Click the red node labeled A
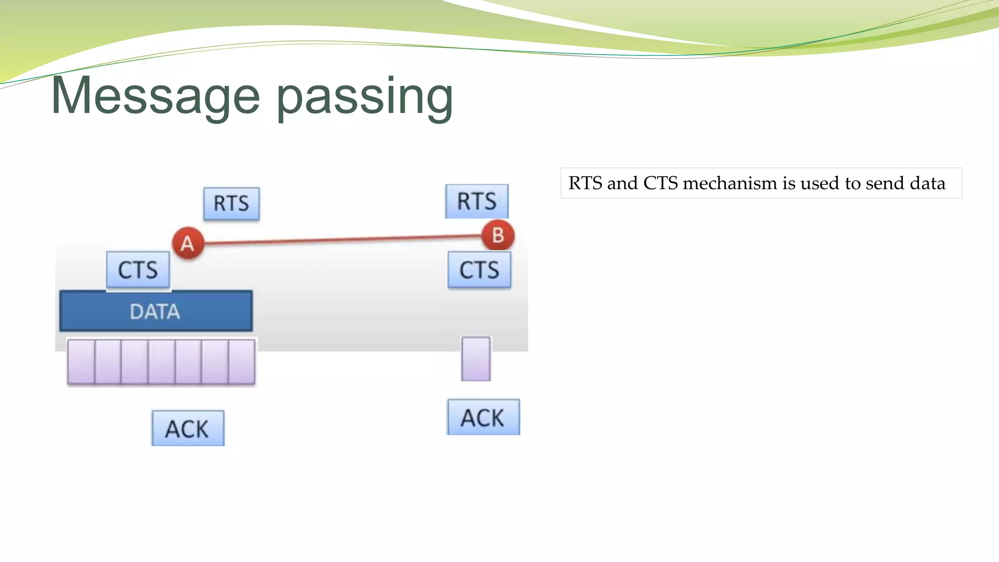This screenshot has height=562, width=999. [x=188, y=243]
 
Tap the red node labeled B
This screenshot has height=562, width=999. [x=498, y=235]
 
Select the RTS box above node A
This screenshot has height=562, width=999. [x=231, y=203]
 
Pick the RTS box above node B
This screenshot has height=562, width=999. [x=477, y=201]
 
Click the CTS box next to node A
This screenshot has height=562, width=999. [x=138, y=270]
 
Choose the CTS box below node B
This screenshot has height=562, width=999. [x=480, y=270]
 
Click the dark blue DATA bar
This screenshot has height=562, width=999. [x=156, y=311]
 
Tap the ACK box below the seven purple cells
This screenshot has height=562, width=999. [x=188, y=428]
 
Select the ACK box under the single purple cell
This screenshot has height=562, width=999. [x=483, y=418]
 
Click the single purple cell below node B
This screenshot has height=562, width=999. [x=476, y=359]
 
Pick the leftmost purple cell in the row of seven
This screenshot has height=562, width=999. [x=81, y=362]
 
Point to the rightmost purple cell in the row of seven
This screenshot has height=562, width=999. [x=242, y=362]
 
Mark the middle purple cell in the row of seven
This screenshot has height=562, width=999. [x=161, y=362]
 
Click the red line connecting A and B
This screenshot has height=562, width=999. [x=341, y=239]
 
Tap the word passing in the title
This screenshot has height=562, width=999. [x=365, y=96]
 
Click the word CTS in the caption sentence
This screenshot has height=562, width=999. [x=660, y=183]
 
